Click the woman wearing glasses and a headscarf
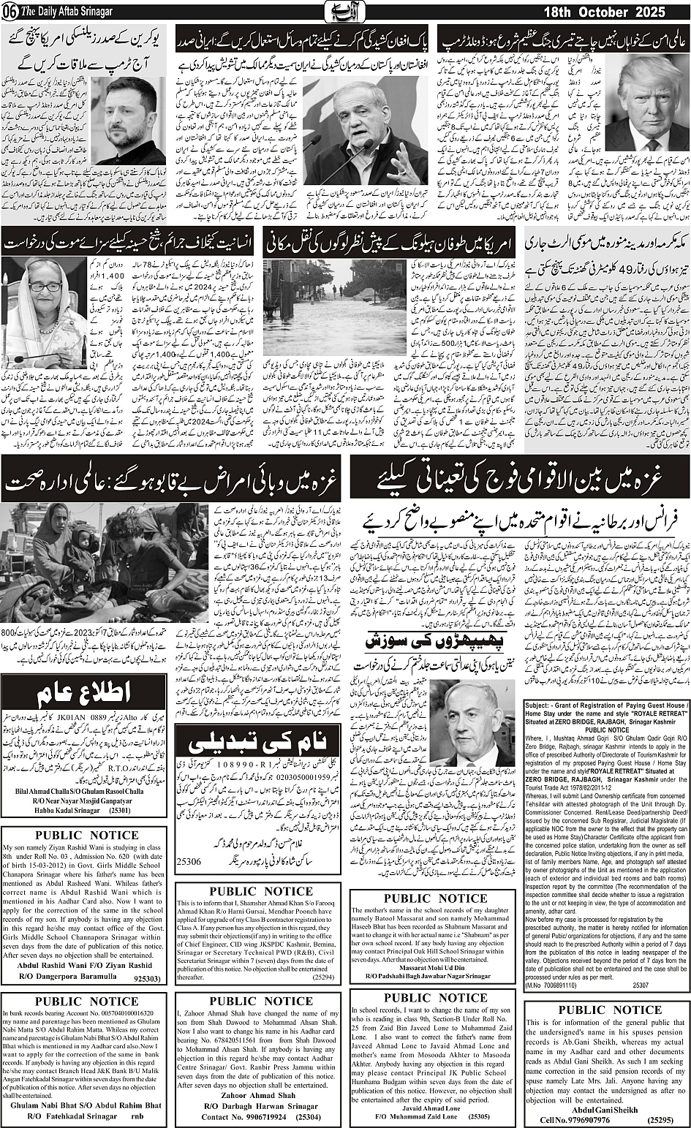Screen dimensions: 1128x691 tap(45, 314)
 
